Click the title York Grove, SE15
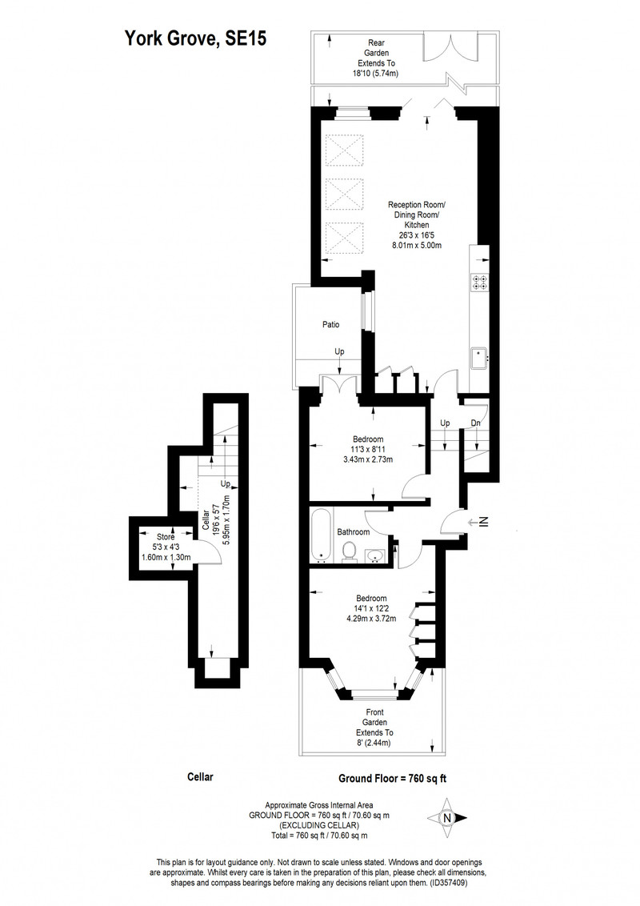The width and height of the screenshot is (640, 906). pyautogui.click(x=196, y=38)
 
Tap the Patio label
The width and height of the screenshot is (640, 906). pyautogui.click(x=331, y=325)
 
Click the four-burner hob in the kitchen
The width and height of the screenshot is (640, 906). pyautogui.click(x=479, y=281)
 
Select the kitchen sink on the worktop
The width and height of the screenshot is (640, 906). pyautogui.click(x=479, y=359)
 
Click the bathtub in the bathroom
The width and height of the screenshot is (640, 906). pyautogui.click(x=321, y=535)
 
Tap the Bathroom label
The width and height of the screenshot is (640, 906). pyautogui.click(x=354, y=531)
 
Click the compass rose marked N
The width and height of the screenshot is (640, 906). pyautogui.click(x=447, y=818)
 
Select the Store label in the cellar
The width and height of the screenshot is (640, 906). pyautogui.click(x=166, y=537)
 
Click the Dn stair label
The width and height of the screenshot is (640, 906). pyautogui.click(x=475, y=423)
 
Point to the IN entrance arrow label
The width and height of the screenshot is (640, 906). pyautogui.click(x=484, y=522)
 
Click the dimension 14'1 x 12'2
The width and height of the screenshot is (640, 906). pyautogui.click(x=371, y=608)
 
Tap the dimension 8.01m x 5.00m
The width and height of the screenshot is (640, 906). pyautogui.click(x=417, y=245)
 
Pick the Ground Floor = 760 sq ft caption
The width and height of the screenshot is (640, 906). pyautogui.click(x=392, y=778)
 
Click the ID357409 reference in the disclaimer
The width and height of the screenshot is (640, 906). pyautogui.click(x=448, y=883)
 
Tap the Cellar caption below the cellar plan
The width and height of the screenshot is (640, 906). pyautogui.click(x=201, y=776)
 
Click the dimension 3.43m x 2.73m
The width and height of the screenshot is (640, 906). pyautogui.click(x=368, y=460)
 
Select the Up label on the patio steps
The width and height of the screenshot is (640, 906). pyautogui.click(x=340, y=351)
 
